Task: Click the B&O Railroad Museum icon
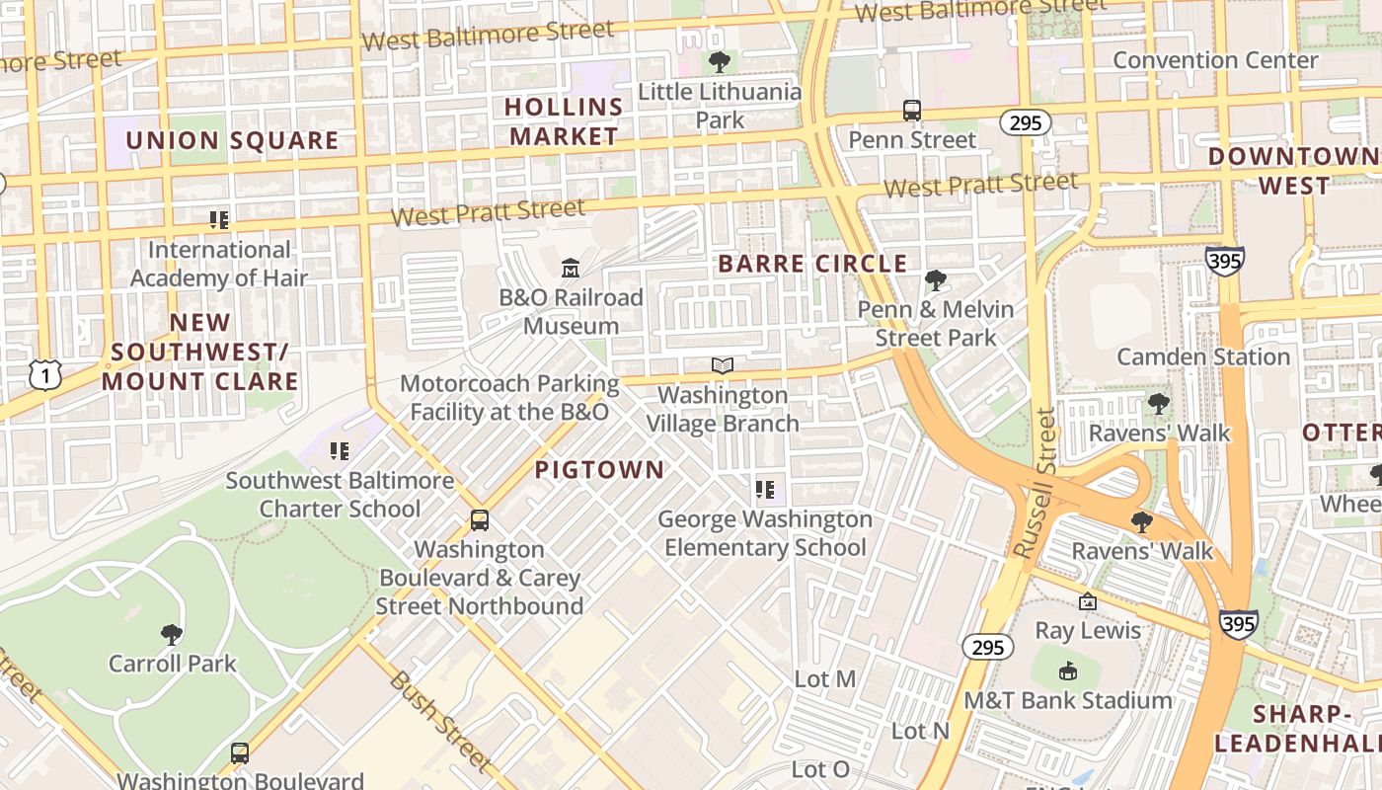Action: [570, 268]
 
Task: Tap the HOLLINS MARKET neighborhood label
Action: [564, 121]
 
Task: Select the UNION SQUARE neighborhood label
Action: [232, 140]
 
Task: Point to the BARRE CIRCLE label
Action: [812, 264]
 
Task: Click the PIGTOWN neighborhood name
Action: [600, 470]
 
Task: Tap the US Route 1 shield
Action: [45, 374]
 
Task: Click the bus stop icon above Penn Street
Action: [912, 111]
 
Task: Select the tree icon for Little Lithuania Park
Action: [720, 62]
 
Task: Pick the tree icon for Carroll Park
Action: [172, 634]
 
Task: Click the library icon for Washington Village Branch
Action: [723, 365]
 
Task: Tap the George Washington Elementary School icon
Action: [765, 490]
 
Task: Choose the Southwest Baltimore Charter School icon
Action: [340, 452]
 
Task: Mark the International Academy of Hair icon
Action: [219, 220]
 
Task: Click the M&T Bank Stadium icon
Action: [1067, 671]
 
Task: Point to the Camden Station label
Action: [1203, 356]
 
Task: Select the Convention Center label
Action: [1215, 60]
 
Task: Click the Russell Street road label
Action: [1036, 484]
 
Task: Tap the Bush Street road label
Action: [439, 720]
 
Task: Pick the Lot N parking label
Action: [920, 731]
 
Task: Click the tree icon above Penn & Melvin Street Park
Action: [935, 280]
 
